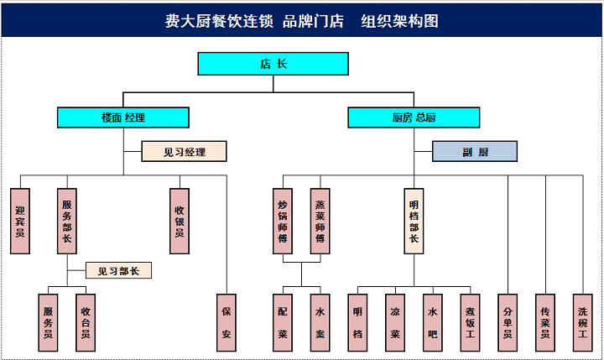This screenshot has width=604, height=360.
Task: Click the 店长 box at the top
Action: (273, 64)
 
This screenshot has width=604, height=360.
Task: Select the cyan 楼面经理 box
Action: (123, 117)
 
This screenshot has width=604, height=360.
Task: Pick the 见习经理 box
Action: (185, 151)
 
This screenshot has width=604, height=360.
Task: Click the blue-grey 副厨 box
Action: (475, 151)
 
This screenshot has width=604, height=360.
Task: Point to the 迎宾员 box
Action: (21, 221)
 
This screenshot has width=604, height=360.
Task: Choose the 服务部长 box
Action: (67, 221)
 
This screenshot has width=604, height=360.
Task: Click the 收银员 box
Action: (179, 221)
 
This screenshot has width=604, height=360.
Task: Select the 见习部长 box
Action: (119, 270)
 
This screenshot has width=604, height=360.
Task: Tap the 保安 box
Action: (226, 322)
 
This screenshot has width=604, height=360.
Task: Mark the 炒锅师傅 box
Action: (284, 221)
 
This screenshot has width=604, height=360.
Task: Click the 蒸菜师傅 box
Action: (320, 221)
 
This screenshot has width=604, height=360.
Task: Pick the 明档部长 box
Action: (414, 221)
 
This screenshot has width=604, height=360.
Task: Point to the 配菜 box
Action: (284, 322)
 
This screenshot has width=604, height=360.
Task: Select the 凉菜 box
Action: (394, 322)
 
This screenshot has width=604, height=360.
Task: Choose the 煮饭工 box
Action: (471, 322)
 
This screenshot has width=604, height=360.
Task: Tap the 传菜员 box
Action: (545, 322)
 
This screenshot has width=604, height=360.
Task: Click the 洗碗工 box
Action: (583, 322)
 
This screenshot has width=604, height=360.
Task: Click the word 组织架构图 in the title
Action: (400, 21)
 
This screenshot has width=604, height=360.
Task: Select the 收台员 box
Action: (86, 322)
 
